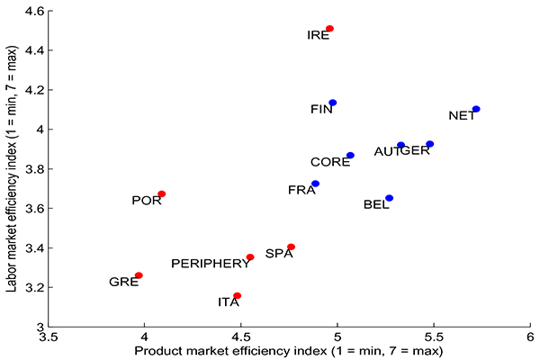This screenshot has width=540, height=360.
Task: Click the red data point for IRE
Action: click(x=329, y=29)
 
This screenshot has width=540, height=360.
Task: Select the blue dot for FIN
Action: click(x=332, y=103)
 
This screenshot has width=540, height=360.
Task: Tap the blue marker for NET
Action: click(x=476, y=109)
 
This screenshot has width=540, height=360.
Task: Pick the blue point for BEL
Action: click(x=389, y=198)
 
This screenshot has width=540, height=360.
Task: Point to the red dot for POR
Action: click(x=162, y=193)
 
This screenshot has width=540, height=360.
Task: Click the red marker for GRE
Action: click(x=139, y=275)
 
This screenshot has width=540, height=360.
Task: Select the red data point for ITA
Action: click(x=237, y=295)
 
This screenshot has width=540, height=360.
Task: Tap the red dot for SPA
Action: click(x=291, y=247)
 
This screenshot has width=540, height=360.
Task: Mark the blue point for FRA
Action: click(x=315, y=184)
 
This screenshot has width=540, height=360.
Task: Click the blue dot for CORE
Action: click(x=350, y=156)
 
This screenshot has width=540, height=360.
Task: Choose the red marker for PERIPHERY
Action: click(x=250, y=257)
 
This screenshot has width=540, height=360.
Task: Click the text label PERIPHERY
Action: click(x=211, y=264)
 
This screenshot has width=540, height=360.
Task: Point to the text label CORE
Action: click(x=330, y=163)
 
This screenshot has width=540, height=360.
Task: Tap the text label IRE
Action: click(x=318, y=36)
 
